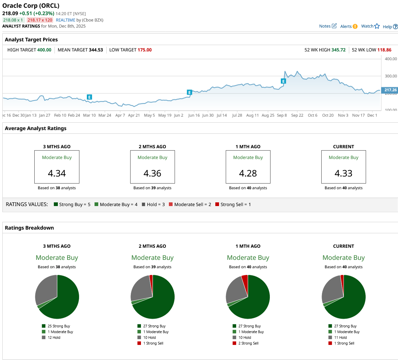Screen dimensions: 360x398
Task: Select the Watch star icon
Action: click(377, 26)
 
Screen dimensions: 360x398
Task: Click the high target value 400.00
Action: click(44, 50)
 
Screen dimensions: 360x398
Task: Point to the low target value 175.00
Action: click(144, 50)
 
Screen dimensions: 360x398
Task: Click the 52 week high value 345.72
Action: click(338, 50)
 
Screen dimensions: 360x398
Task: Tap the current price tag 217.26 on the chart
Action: click(390, 90)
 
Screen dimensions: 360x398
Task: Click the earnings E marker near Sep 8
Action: click(283, 81)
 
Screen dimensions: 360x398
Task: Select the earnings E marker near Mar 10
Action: click(89, 97)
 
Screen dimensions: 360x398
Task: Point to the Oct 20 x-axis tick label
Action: click(328, 115)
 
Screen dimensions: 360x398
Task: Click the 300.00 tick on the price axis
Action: click(391, 76)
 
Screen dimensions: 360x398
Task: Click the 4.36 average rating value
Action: click(152, 173)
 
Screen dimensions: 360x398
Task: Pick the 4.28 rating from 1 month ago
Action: click(248, 173)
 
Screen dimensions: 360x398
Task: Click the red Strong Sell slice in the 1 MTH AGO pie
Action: click(245, 280)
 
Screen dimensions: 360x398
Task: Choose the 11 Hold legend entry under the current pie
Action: click(340, 337)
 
